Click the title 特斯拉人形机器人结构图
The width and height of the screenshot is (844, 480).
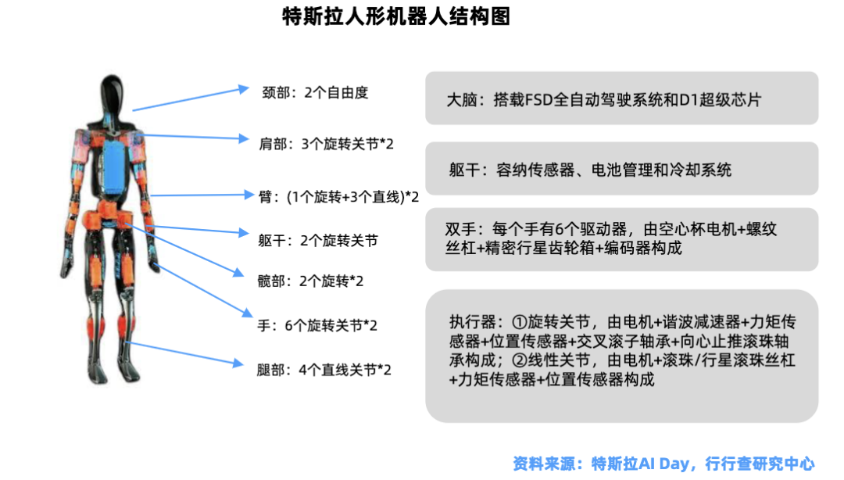(x=396, y=16)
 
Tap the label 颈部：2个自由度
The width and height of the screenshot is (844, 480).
(x=315, y=93)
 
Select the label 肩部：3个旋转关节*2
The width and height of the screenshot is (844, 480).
(x=326, y=144)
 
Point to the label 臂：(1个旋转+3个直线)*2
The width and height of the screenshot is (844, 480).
(x=338, y=197)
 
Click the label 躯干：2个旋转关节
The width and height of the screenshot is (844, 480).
(x=317, y=240)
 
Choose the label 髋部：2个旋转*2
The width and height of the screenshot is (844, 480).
(x=310, y=281)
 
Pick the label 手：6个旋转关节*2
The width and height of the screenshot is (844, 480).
(x=317, y=325)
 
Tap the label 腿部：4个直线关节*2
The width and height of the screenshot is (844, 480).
(x=324, y=370)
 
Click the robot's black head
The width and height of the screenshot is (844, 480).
(x=112, y=95)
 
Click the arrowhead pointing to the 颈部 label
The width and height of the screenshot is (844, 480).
(x=243, y=89)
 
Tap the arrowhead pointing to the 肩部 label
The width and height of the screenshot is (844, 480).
(x=243, y=138)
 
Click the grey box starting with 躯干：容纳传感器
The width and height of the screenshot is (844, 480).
(x=622, y=169)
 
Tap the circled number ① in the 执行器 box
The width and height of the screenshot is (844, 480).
(x=519, y=322)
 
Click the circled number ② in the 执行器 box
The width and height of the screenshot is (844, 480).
(x=519, y=360)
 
